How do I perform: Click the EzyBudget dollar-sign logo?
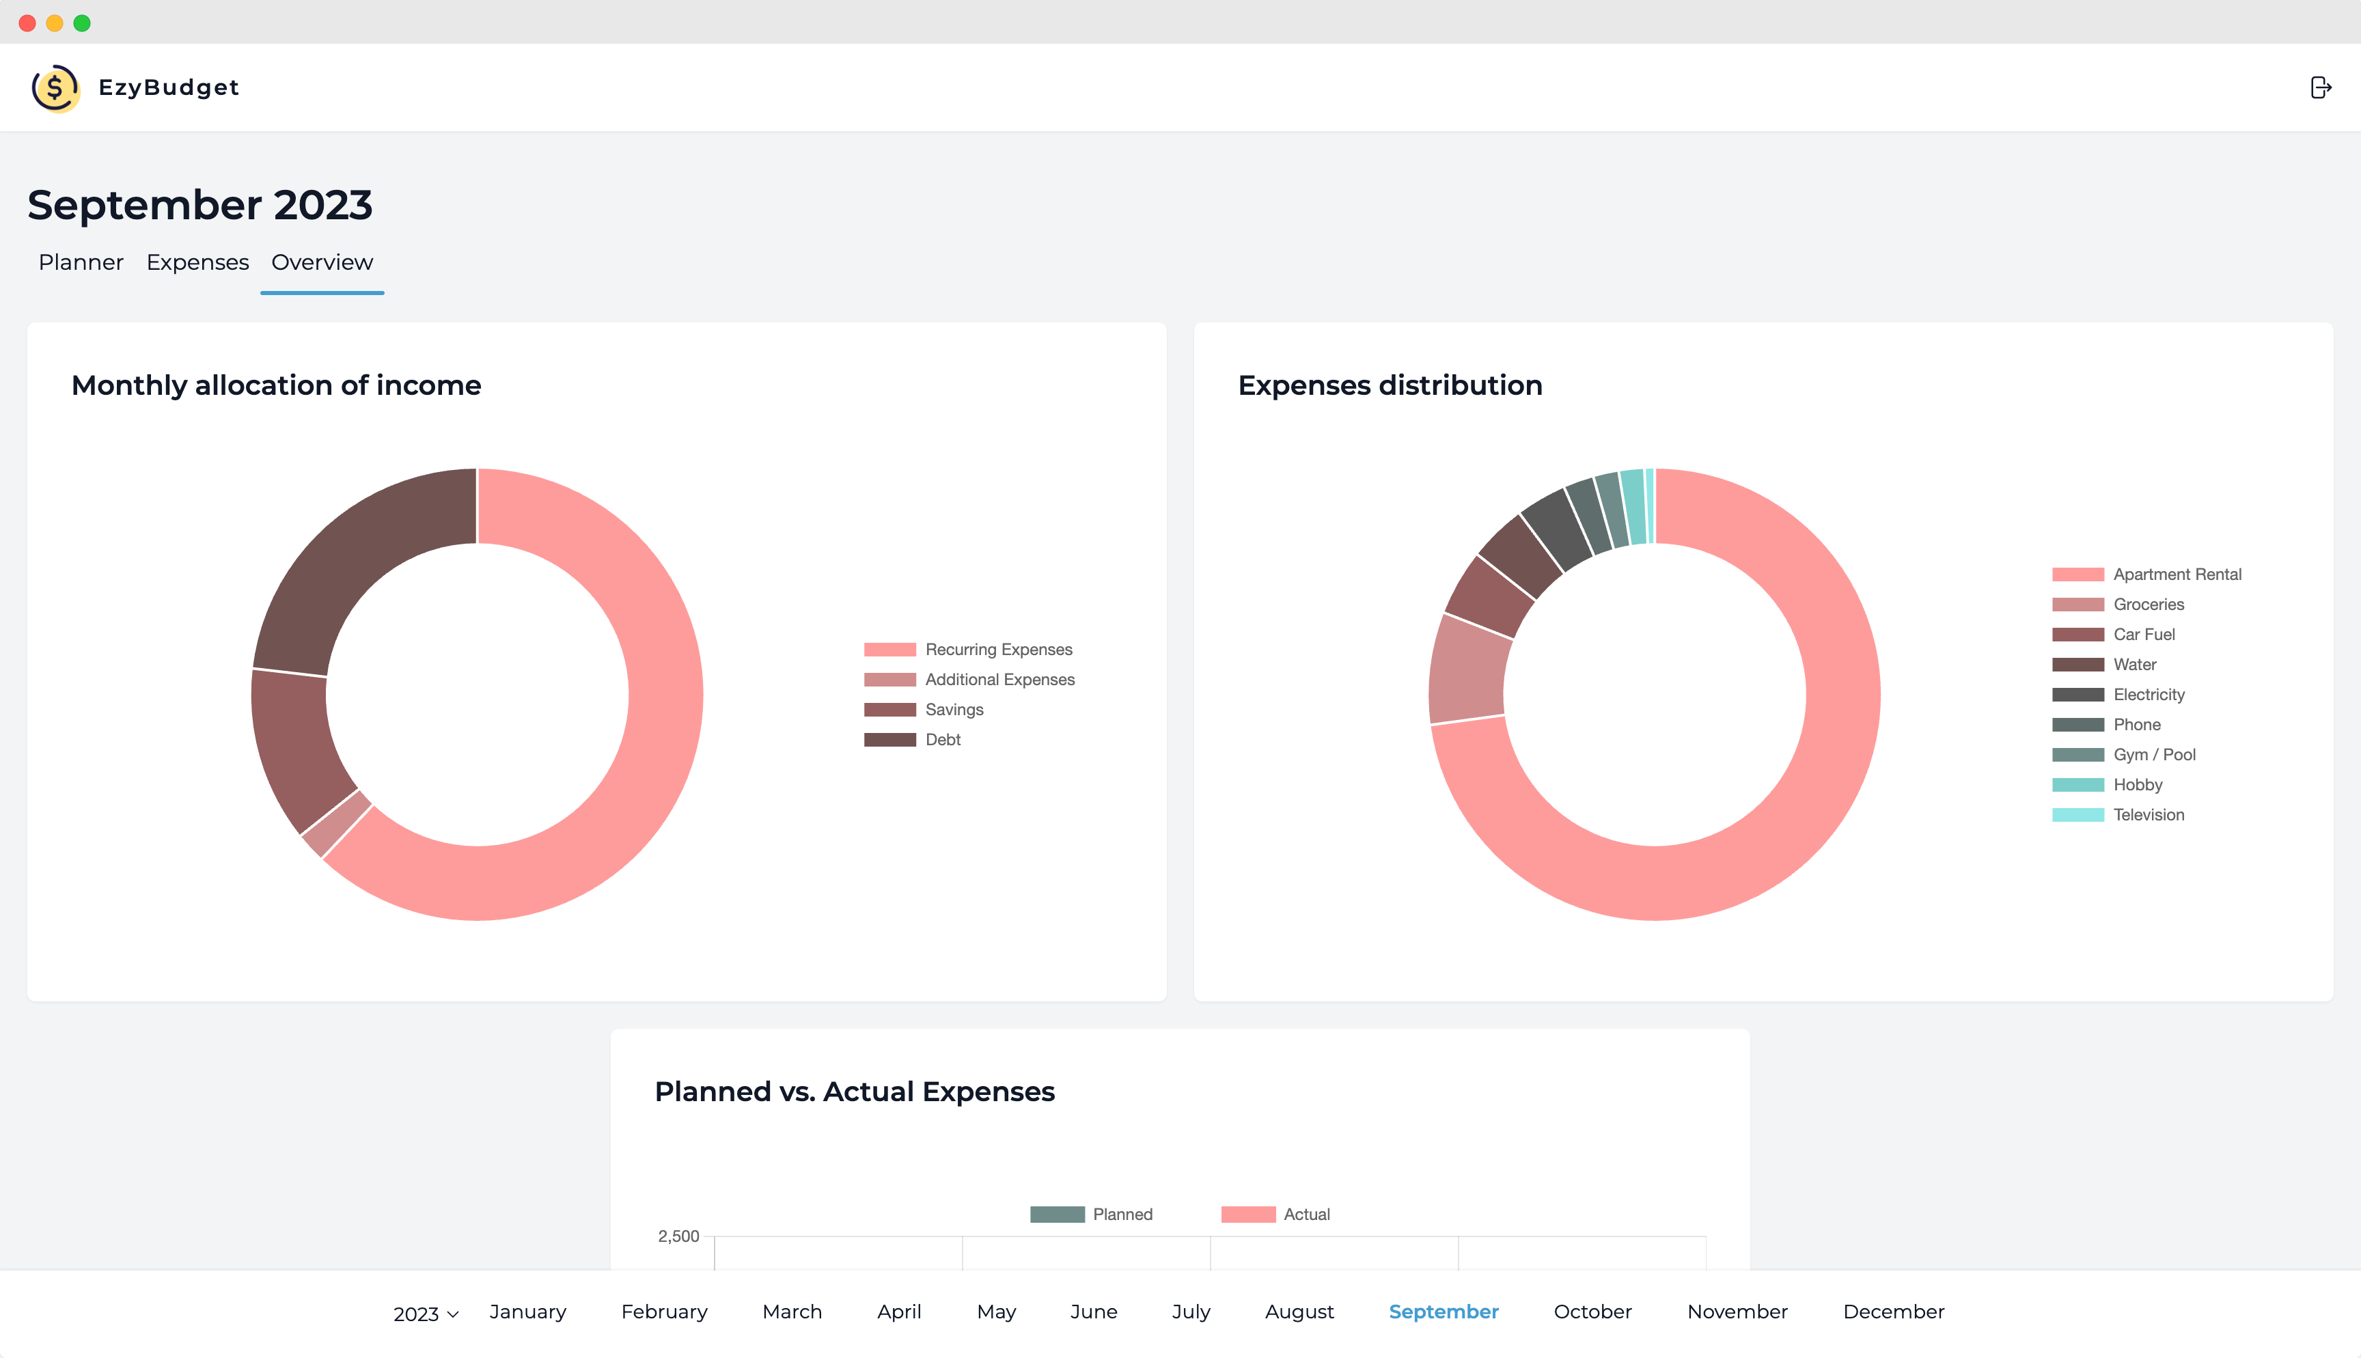55,87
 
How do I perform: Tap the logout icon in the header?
2320,87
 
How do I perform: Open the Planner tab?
81,262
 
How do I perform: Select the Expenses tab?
197,262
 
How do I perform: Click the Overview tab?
322,262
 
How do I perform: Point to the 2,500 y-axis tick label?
678,1236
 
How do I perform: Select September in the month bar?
1444,1312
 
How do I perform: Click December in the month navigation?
1893,1312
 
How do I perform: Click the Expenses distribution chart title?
1390,385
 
